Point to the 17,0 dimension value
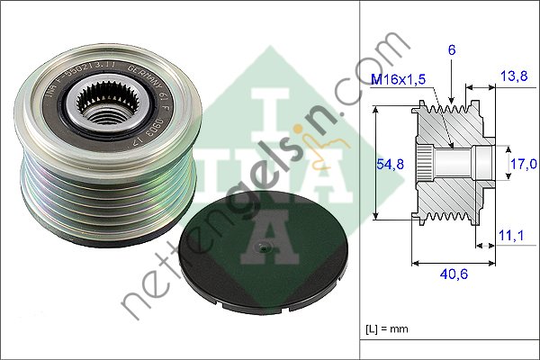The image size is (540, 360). coord(522,163)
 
